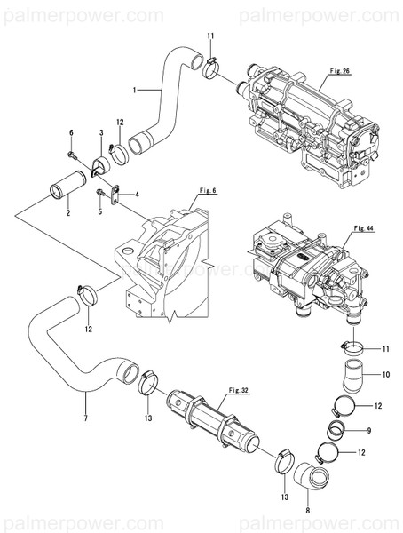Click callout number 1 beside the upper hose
(x=134, y=90)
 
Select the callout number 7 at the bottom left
(x=85, y=418)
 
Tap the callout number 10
(x=386, y=376)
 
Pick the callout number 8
(x=307, y=512)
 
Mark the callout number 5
(x=100, y=211)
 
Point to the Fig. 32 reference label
(x=238, y=390)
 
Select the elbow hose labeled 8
(x=313, y=480)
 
